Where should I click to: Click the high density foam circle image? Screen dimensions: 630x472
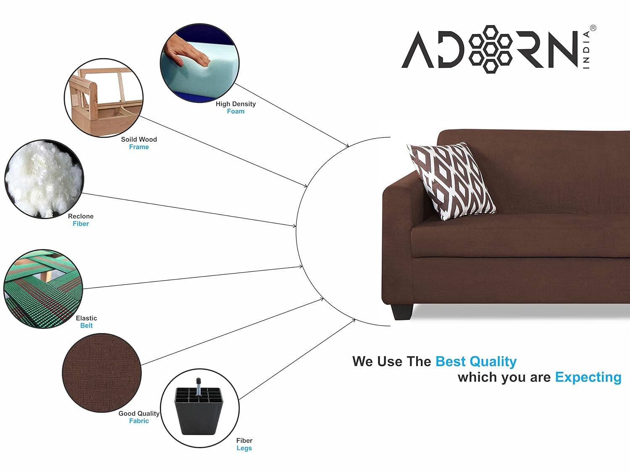tap(199, 63)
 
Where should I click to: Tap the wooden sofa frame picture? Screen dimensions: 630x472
tap(104, 98)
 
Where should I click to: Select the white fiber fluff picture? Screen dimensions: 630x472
tap(44, 179)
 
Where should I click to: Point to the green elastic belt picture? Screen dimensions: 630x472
tap(43, 289)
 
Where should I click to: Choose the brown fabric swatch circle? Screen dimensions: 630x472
tap(102, 373)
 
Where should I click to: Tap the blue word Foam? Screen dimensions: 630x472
tap(236, 111)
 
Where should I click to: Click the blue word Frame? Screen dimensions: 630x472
tap(139, 147)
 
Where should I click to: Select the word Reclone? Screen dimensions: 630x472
tap(81, 216)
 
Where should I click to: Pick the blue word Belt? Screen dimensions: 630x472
tap(87, 326)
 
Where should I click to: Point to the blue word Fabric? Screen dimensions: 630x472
tap(139, 421)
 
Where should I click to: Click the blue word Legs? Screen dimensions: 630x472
tap(244, 448)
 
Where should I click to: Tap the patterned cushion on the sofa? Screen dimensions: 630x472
tap(451, 181)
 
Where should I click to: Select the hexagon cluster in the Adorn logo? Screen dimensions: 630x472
tap(490, 49)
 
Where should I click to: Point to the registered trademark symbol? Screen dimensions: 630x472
tap(593, 28)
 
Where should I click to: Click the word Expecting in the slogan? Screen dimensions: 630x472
tap(588, 378)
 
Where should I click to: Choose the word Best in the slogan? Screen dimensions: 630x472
tap(450, 361)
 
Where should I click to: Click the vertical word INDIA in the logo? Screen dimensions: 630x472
tap(586, 50)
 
